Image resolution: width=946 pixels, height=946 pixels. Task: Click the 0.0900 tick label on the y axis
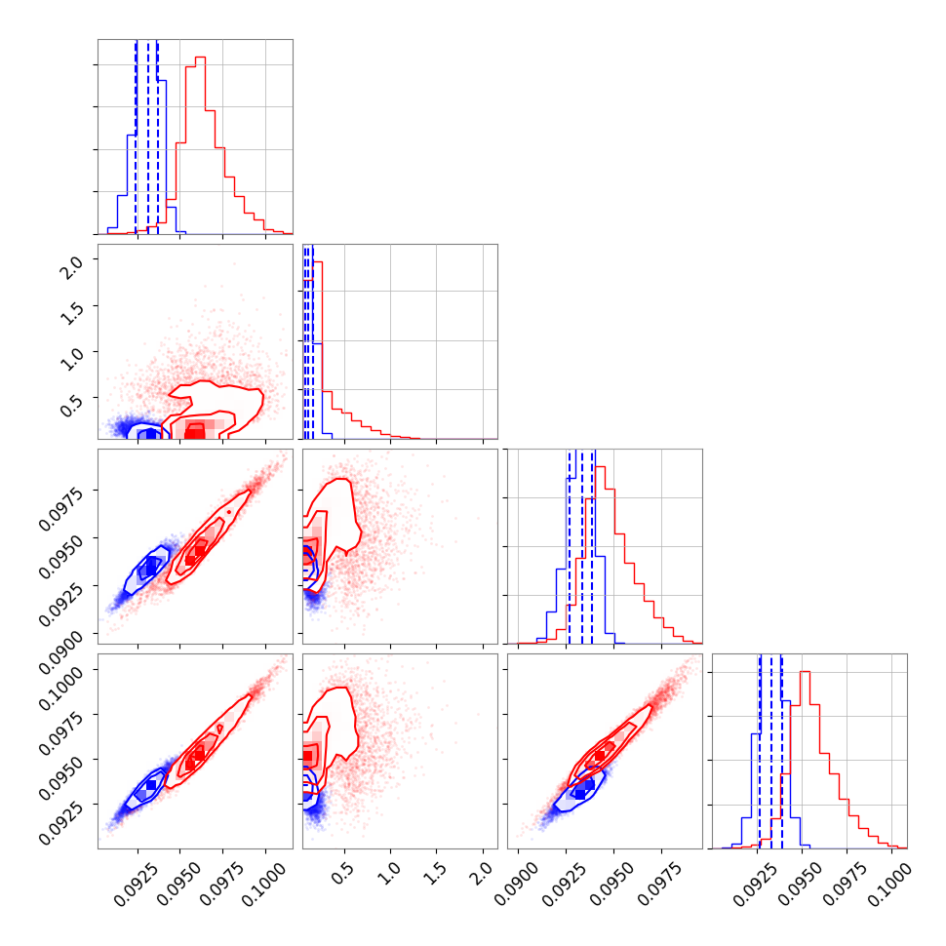tap(60, 649)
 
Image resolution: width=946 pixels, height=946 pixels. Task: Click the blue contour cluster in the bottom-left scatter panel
tap(149, 785)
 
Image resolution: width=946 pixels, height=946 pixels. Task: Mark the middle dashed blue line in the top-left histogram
tap(148, 137)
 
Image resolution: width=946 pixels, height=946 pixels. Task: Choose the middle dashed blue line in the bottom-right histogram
tap(771, 751)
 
